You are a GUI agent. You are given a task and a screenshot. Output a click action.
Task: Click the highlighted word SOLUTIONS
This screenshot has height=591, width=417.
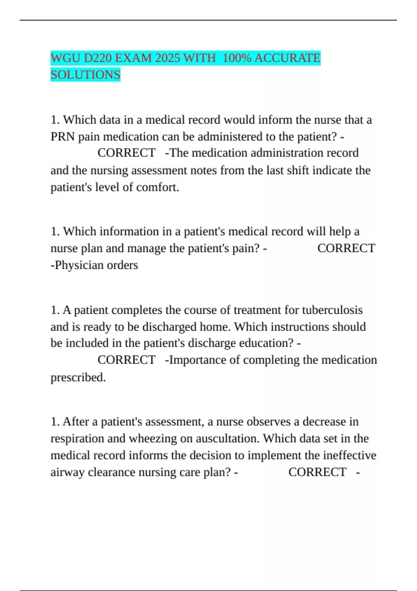pos(85,75)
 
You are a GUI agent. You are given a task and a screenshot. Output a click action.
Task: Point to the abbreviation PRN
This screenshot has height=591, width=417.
pos(63,137)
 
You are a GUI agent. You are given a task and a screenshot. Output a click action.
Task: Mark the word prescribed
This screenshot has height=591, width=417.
pos(78,378)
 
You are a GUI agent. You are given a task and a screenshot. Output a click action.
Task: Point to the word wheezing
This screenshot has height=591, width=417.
pos(153,438)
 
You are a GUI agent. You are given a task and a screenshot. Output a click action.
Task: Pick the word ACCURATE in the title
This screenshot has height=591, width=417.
pos(287,58)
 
